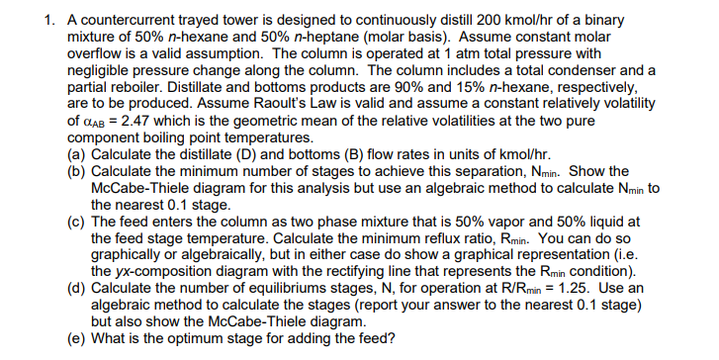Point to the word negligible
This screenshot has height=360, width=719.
(96, 74)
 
